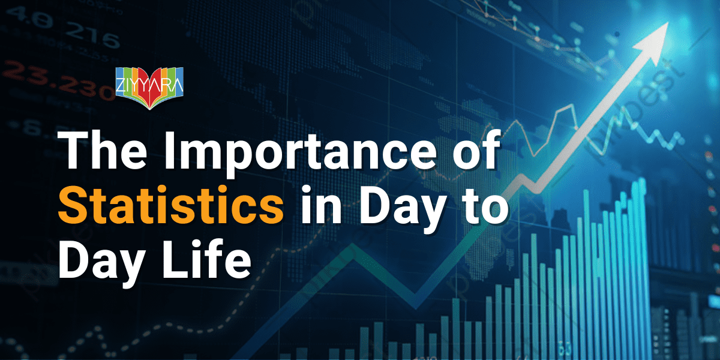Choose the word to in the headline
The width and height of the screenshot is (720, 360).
[483, 207]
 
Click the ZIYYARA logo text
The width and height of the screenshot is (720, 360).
[149, 79]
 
